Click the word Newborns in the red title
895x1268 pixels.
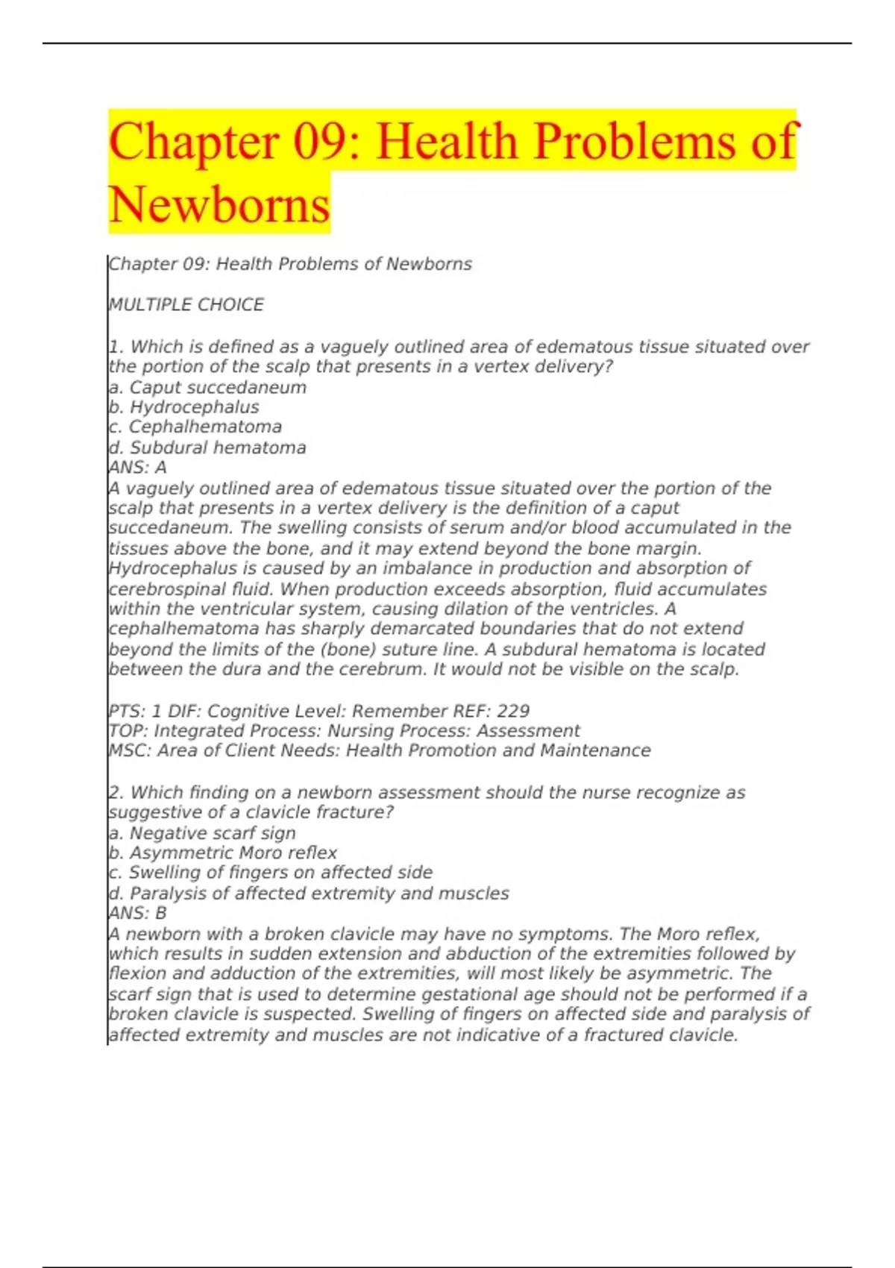219,205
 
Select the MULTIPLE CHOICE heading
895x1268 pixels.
186,305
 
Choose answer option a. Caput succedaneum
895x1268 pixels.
207,388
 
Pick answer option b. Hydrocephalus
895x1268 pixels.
183,407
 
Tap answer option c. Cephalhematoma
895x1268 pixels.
195,427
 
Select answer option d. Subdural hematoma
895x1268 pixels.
207,448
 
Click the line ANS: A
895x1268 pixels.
137,468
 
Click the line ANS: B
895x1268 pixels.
137,913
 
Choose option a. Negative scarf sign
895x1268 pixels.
202,833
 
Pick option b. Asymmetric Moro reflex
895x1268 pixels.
222,853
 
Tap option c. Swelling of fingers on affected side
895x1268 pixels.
271,873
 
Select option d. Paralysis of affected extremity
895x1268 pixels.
309,894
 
